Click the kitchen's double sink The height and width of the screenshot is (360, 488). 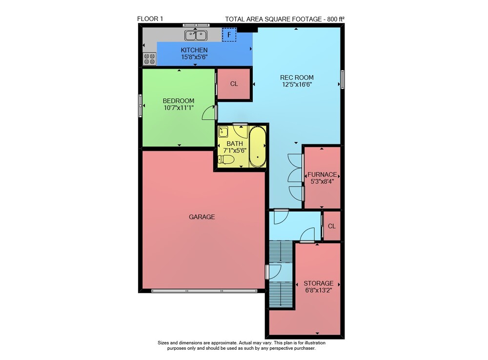[x=196, y=35]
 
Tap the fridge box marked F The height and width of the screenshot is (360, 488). [x=229, y=35]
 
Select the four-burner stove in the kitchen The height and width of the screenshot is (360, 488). [x=149, y=59]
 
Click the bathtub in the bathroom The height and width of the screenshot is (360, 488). [x=257, y=147]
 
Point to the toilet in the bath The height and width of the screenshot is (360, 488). [x=226, y=160]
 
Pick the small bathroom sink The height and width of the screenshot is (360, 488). [x=223, y=132]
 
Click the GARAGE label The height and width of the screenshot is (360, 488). [x=202, y=217]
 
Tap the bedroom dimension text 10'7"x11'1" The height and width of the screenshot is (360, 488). [x=179, y=108]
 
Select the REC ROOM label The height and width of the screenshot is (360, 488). [x=297, y=78]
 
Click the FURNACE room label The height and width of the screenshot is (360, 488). [x=322, y=174]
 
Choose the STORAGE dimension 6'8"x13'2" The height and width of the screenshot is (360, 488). [x=318, y=290]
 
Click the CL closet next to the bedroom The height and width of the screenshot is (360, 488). [x=234, y=84]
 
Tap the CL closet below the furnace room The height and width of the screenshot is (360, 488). [x=332, y=226]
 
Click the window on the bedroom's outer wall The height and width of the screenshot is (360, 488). [x=140, y=106]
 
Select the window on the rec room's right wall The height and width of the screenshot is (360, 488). [x=343, y=80]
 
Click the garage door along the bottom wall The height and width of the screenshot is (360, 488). [x=204, y=291]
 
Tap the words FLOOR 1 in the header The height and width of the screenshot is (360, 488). [x=150, y=19]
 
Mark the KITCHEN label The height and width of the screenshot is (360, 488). [x=194, y=50]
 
